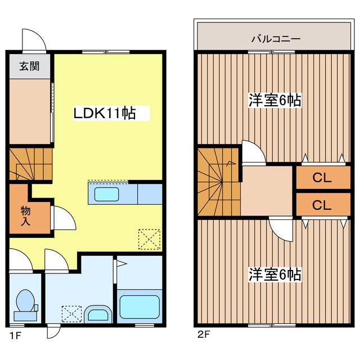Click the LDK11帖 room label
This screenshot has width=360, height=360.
click(104, 113)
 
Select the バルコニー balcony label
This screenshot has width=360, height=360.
click(275, 39)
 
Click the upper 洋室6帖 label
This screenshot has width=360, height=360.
click(275, 101)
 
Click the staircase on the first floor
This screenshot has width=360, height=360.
click(30, 163)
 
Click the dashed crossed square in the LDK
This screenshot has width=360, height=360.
click(149, 238)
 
